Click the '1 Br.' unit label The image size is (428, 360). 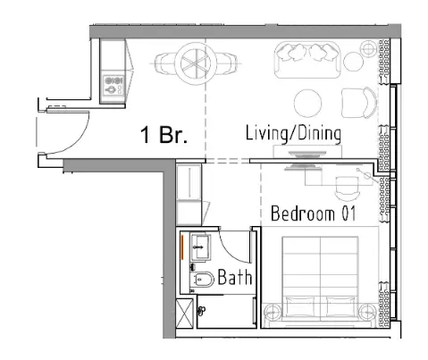166,136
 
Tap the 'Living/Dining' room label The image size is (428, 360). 294,134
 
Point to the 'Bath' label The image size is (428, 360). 235,278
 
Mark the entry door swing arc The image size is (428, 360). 73,125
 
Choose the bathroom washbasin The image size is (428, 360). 199,246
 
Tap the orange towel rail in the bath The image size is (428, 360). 182,247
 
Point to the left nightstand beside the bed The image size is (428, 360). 273,313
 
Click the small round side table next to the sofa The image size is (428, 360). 357,61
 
